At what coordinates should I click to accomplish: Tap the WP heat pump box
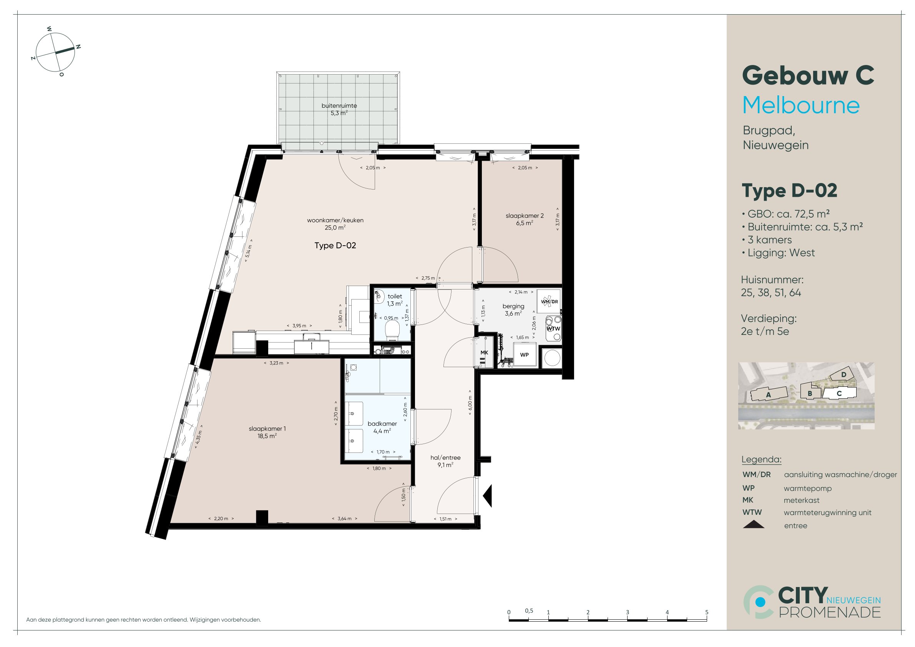pyautogui.click(x=525, y=355)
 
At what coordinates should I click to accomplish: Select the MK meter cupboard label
pyautogui.click(x=484, y=353)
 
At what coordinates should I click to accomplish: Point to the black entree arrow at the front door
pyautogui.click(x=488, y=496)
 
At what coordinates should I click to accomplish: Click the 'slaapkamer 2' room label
pyautogui.click(x=525, y=216)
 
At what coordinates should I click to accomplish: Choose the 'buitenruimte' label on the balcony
pyautogui.click(x=339, y=106)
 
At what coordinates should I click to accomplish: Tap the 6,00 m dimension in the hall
pyautogui.click(x=470, y=403)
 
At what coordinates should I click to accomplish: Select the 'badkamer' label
pyautogui.click(x=382, y=424)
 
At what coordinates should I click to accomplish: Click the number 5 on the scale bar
pyautogui.click(x=707, y=612)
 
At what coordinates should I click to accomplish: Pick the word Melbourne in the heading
pyautogui.click(x=801, y=105)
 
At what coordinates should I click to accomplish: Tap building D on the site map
pyautogui.click(x=843, y=375)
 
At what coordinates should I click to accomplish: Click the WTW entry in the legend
pyautogui.click(x=752, y=512)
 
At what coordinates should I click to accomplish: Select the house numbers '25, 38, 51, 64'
pyautogui.click(x=771, y=293)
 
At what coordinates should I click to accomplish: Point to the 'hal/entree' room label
pyautogui.click(x=445, y=457)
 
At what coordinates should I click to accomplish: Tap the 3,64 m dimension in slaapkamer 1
pyautogui.click(x=345, y=519)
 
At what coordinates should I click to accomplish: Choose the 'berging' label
pyautogui.click(x=513, y=306)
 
